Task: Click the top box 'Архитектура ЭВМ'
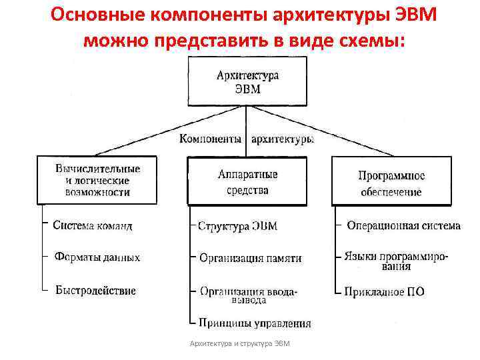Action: pos(247,82)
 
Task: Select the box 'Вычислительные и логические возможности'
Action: pos(97,180)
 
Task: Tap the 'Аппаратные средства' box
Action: pos(247,181)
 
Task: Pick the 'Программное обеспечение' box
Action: pos(391,183)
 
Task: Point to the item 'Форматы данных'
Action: pos(97,257)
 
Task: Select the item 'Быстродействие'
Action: pos(95,290)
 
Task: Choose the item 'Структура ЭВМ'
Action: pos(237,226)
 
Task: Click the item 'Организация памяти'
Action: pos(250,257)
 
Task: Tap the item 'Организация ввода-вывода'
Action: pos(249,295)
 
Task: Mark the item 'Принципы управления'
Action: pos(254,323)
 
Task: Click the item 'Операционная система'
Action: pos(403,225)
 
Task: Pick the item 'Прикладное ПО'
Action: pos(384,291)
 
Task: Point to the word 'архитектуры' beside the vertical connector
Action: pos(281,139)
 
